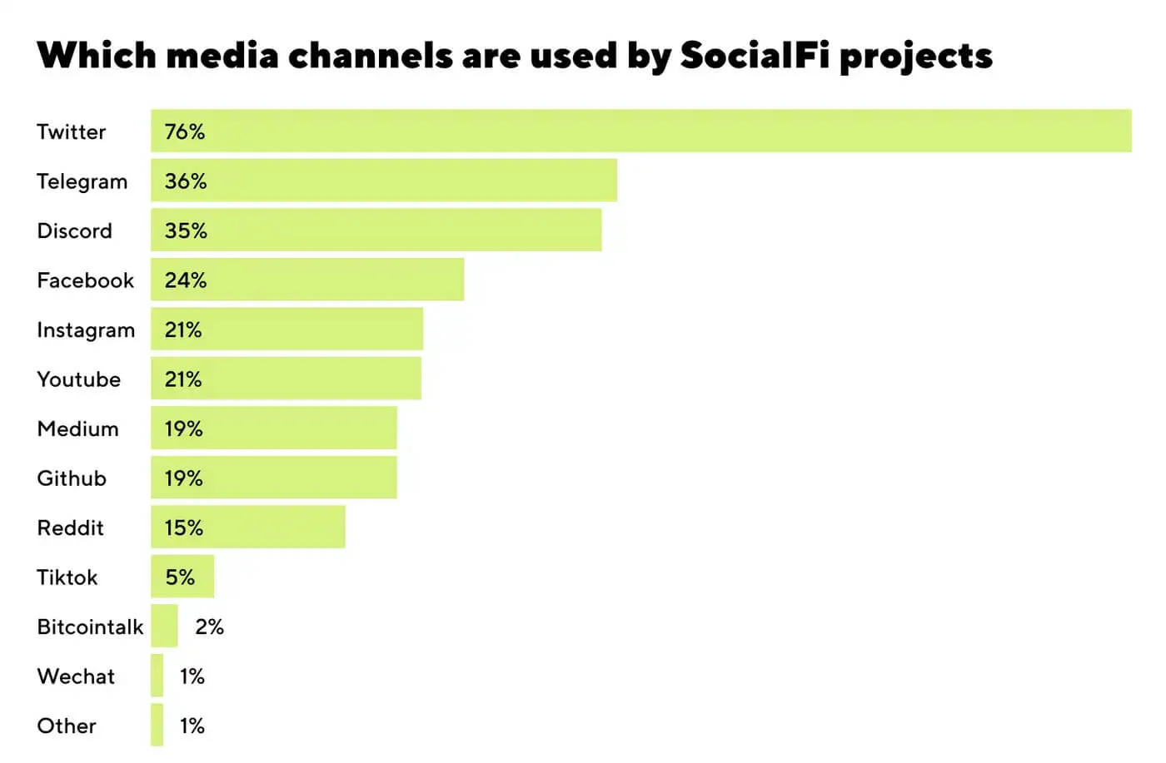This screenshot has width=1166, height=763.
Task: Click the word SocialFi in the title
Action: [x=754, y=56]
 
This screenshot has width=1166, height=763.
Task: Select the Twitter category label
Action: [x=72, y=131]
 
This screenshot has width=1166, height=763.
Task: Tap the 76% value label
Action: [x=185, y=131]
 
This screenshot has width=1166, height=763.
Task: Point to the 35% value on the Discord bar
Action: [x=186, y=230]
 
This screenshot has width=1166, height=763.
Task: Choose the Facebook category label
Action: [x=85, y=280]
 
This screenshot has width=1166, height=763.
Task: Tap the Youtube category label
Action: [x=79, y=379]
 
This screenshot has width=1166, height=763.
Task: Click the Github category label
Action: [x=72, y=478]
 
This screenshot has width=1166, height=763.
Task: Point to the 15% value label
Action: [x=184, y=528]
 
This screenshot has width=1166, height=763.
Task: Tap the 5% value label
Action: [x=180, y=577]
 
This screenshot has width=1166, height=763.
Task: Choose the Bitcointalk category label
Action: [x=90, y=627]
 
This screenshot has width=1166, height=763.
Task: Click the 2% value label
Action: [x=210, y=627]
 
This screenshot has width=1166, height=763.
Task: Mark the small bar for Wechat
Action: [x=157, y=676]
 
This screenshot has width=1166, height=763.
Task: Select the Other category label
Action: [x=67, y=726]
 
